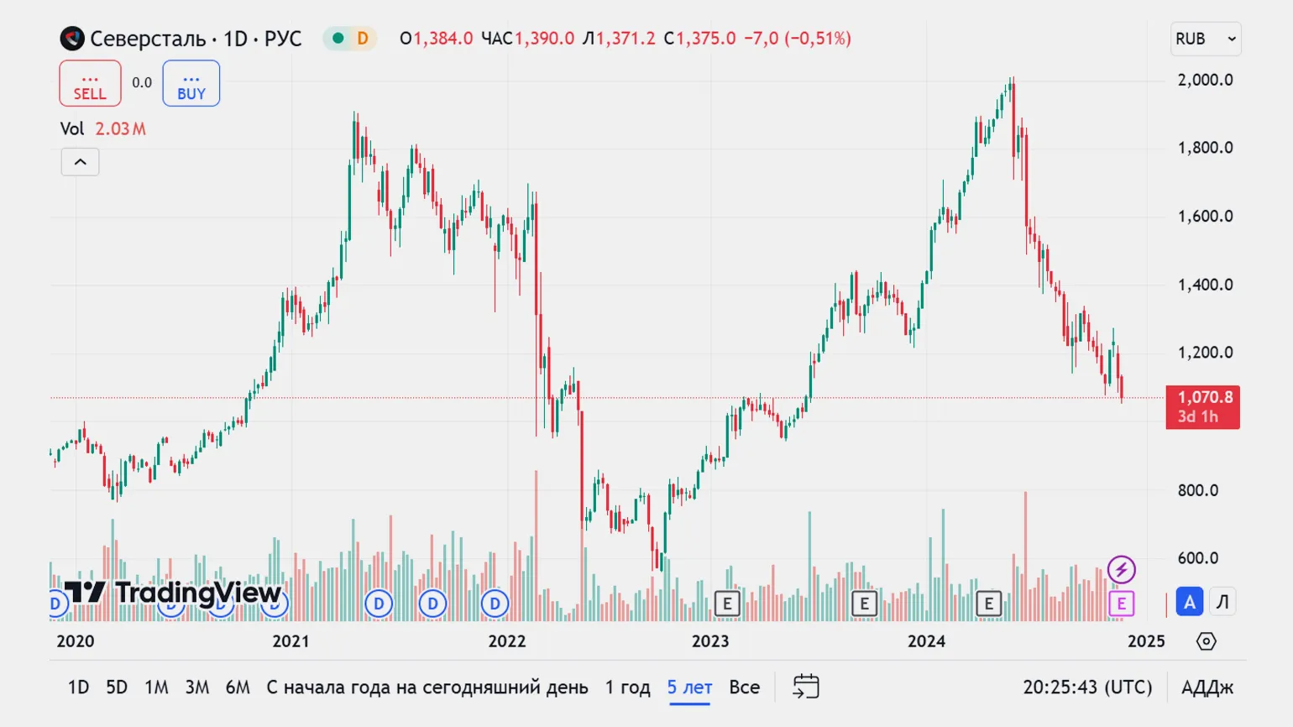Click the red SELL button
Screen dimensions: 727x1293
click(x=90, y=84)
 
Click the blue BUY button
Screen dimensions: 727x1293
click(x=191, y=84)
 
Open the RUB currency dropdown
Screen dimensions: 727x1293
click(x=1205, y=39)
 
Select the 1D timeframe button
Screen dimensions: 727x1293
click(x=78, y=688)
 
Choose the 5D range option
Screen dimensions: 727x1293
click(x=117, y=688)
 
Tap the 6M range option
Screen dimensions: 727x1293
click(x=238, y=688)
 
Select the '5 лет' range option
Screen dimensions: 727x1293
click(x=689, y=688)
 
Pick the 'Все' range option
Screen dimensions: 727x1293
click(x=744, y=688)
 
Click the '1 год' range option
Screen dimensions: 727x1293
click(x=627, y=688)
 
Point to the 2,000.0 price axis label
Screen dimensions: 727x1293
click(x=1205, y=80)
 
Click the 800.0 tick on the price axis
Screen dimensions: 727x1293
click(x=1197, y=490)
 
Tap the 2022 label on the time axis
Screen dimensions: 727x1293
click(x=507, y=641)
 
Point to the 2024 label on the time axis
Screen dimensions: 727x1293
click(x=926, y=641)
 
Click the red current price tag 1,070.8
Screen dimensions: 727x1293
click(x=1202, y=406)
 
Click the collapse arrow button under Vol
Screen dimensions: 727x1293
click(x=80, y=162)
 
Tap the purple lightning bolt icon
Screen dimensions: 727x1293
click(x=1121, y=570)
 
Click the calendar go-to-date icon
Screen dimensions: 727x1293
click(x=805, y=687)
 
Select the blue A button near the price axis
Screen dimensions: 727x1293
click(x=1189, y=602)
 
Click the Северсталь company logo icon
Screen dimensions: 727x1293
click(x=72, y=39)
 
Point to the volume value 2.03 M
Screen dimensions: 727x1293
click(x=120, y=129)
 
